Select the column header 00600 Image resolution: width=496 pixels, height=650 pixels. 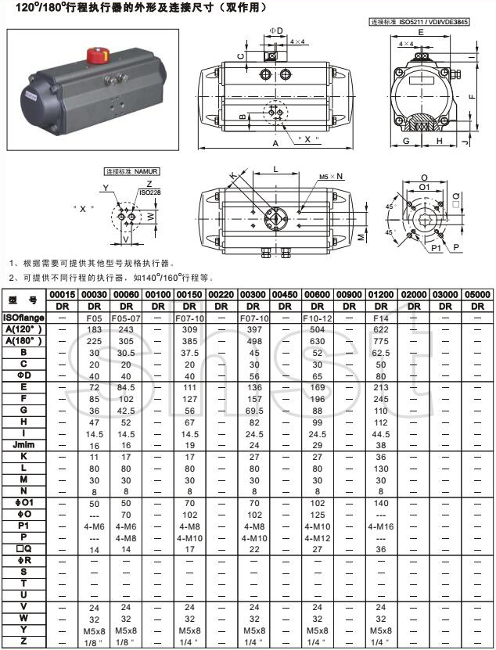tap(318, 294)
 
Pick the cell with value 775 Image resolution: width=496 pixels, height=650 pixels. tap(381, 341)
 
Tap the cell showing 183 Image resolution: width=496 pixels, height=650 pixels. tap(95, 330)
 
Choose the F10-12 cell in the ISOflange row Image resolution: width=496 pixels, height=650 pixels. tap(318, 318)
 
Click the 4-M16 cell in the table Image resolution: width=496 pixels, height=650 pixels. tap(381, 527)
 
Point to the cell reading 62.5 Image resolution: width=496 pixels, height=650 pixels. tap(381, 353)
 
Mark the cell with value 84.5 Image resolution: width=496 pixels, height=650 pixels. tap(126, 387)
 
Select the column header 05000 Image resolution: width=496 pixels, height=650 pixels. tap(477, 294)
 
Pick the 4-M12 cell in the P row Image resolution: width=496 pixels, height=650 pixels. tap(318, 538)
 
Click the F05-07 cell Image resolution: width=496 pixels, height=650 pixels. tap(126, 318)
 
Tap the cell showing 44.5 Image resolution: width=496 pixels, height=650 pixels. tap(381, 433)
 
